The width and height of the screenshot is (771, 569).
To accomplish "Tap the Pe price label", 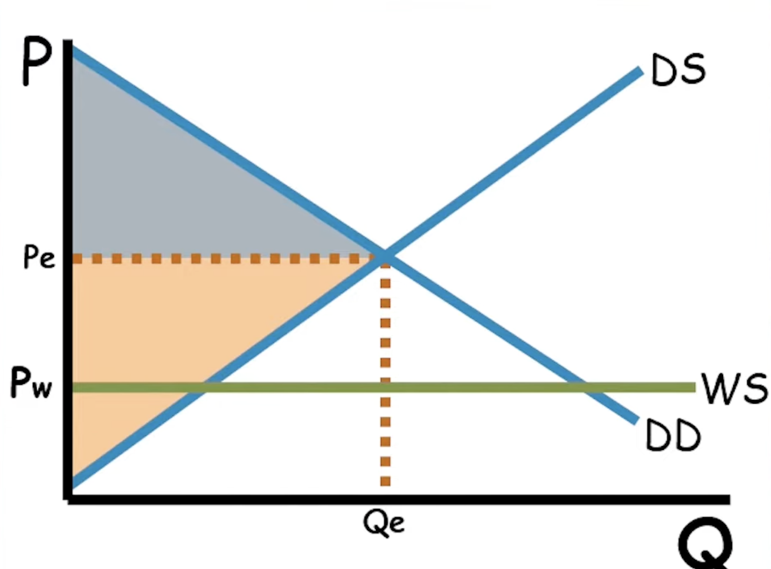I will click(x=39, y=258).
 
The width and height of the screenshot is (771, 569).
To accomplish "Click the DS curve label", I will click(x=678, y=70).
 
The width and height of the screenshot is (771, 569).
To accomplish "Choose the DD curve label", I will click(x=673, y=436).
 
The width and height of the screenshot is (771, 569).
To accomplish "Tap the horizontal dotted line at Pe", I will click(x=216, y=259).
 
